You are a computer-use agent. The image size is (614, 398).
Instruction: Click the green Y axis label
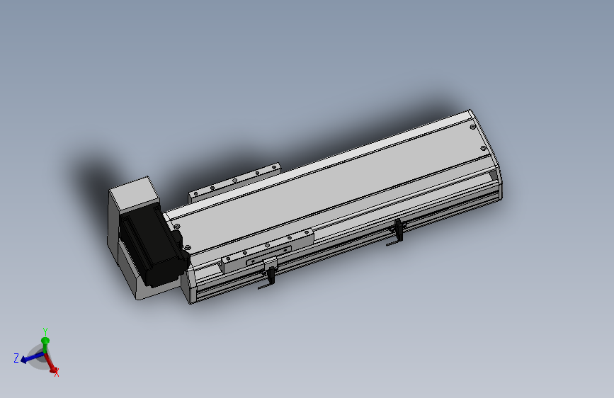coord(45,331)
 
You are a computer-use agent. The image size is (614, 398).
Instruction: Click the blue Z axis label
coord(16,358)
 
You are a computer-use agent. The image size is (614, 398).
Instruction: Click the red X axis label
coord(57,373)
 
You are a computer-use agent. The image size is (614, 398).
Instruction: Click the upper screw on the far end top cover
coord(473,127)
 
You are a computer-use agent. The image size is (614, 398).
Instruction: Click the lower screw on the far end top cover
coord(483,148)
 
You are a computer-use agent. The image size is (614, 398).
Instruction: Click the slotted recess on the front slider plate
coord(255,262)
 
